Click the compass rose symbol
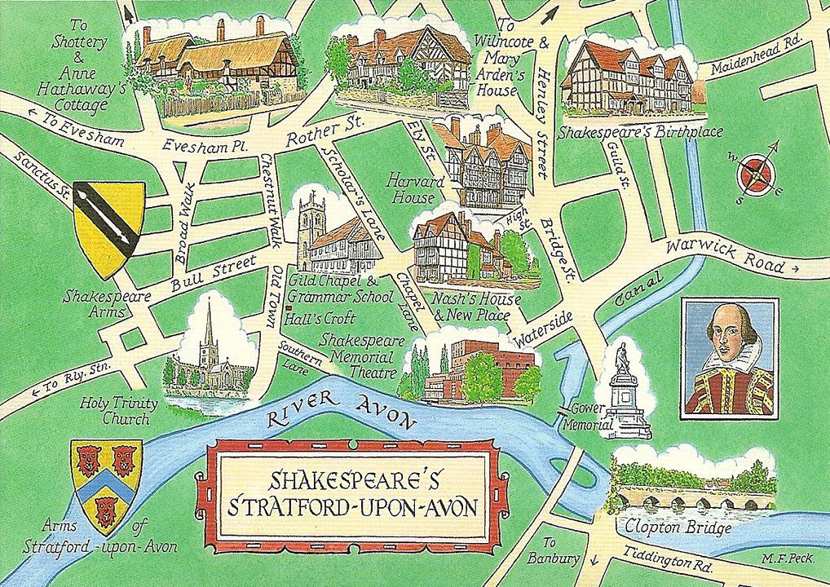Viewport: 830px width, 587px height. pos(756,174)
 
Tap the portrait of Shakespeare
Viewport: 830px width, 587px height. pos(729,356)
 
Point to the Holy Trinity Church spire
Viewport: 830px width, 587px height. pos(210,326)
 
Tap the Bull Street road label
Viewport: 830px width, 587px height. pos(214,274)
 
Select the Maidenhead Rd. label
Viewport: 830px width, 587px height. pos(757,60)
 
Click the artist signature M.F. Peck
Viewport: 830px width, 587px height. pos(786,559)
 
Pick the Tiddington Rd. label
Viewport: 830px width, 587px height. pos(668,560)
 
